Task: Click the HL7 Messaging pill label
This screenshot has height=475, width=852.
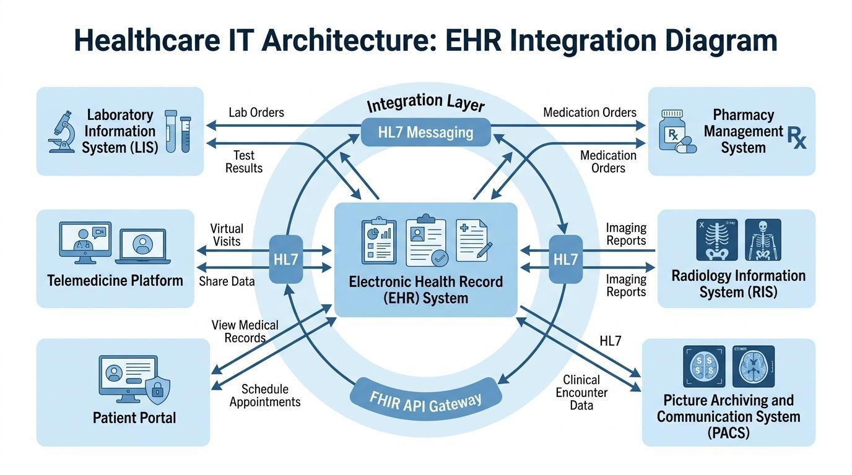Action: tap(425, 132)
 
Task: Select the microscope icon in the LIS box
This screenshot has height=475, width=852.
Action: tap(62, 131)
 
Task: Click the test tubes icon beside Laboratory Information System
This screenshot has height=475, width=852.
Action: tap(178, 131)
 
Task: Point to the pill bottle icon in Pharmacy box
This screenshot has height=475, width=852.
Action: tap(673, 131)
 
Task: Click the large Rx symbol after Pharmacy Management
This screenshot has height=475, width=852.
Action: tap(797, 137)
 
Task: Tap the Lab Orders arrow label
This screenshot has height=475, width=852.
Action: tap(256, 113)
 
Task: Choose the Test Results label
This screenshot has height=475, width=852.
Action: tap(244, 161)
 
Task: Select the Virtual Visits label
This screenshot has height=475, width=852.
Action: tap(227, 235)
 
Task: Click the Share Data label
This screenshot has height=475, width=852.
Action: tap(227, 281)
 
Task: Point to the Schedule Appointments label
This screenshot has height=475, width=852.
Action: tap(265, 395)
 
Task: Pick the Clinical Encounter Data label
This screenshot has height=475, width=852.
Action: tap(581, 392)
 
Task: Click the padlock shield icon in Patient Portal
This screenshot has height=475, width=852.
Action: tap(158, 388)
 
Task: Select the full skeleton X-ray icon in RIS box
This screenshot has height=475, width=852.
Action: tap(763, 239)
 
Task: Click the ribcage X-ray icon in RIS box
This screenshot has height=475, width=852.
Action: tap(718, 239)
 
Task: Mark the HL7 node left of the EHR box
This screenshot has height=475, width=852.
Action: tap(287, 259)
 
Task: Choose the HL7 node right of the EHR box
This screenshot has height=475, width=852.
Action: tap(565, 259)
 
